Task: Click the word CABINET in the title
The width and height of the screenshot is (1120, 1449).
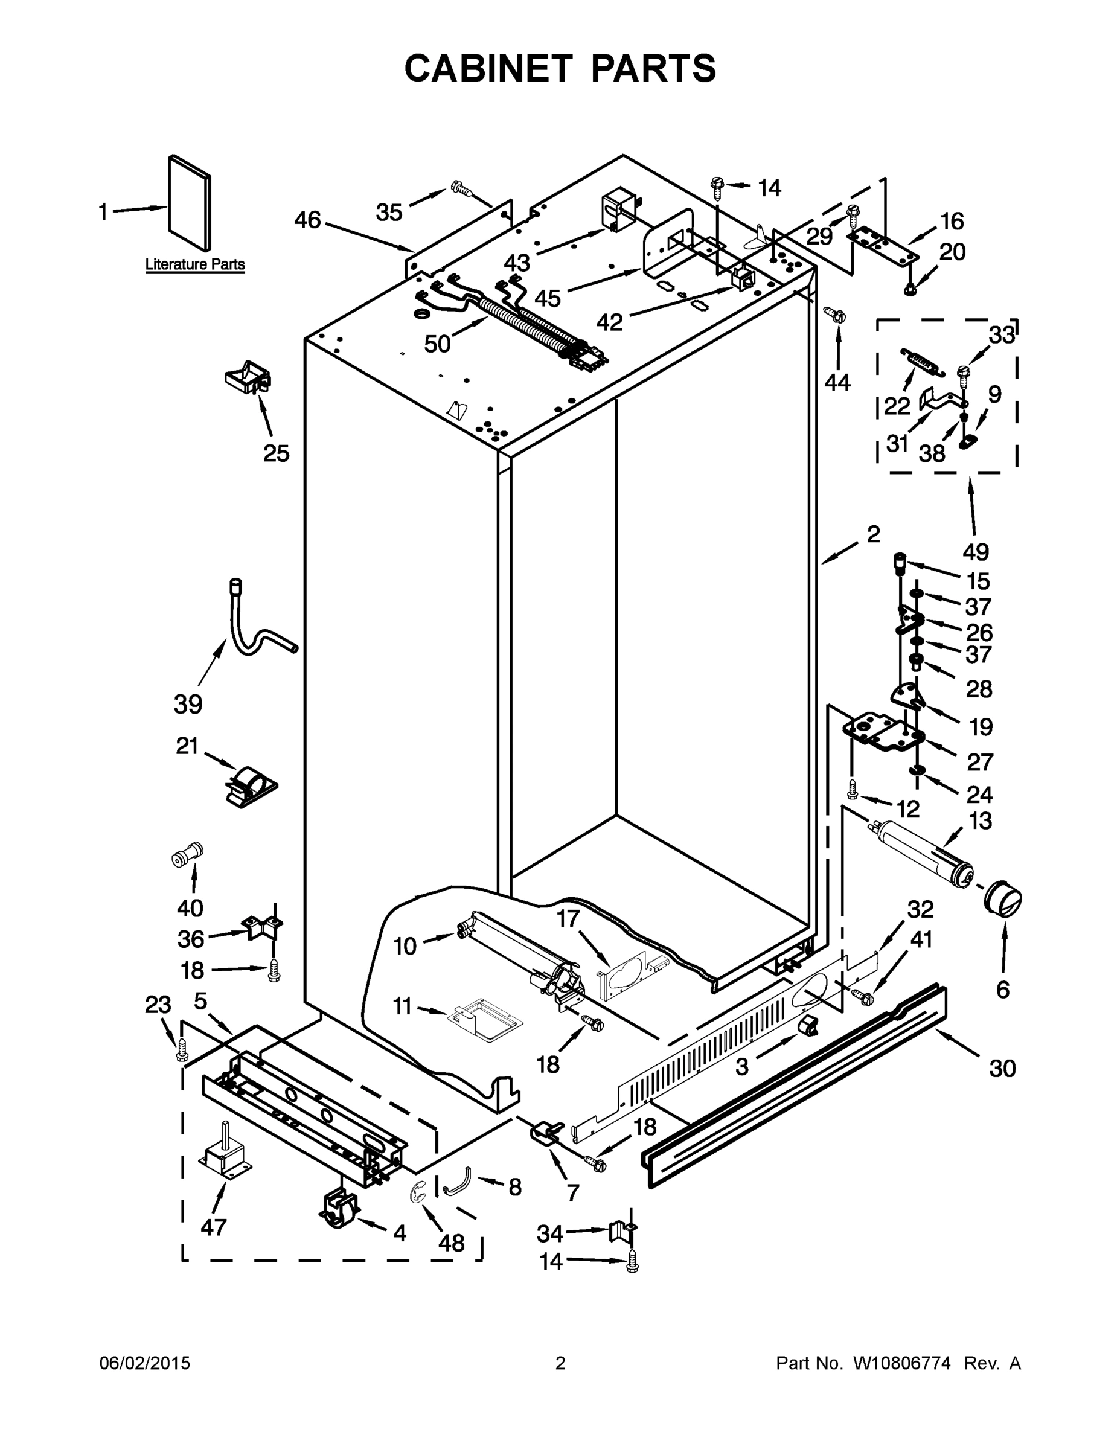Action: point(488,68)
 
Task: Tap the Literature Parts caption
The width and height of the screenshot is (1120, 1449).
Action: point(195,264)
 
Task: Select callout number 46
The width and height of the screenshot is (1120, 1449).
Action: point(307,220)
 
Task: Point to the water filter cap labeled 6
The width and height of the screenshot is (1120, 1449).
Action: point(1002,900)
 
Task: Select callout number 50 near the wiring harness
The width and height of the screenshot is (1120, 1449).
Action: point(437,344)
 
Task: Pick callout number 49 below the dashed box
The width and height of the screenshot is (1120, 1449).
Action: point(975,551)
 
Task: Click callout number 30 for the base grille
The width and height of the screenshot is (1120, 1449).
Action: point(1002,1069)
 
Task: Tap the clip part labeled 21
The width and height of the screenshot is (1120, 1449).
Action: point(249,786)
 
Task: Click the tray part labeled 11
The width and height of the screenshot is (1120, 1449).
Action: point(483,1017)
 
